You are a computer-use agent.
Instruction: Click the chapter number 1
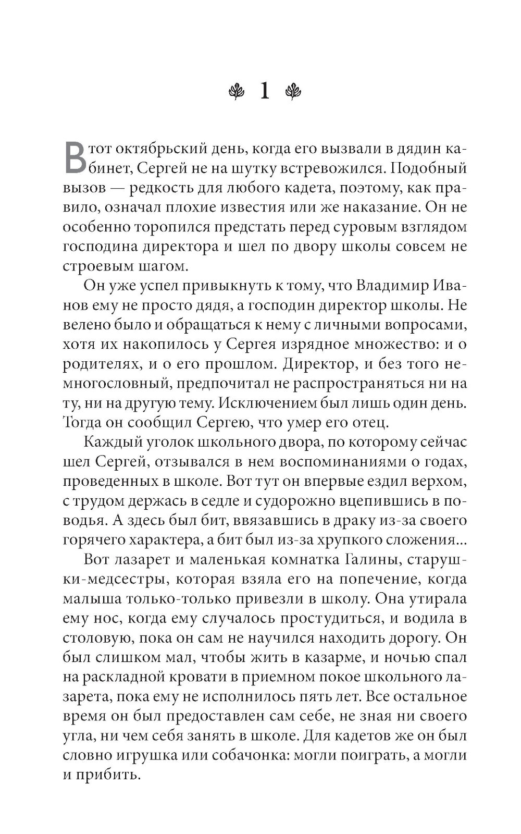point(265,92)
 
